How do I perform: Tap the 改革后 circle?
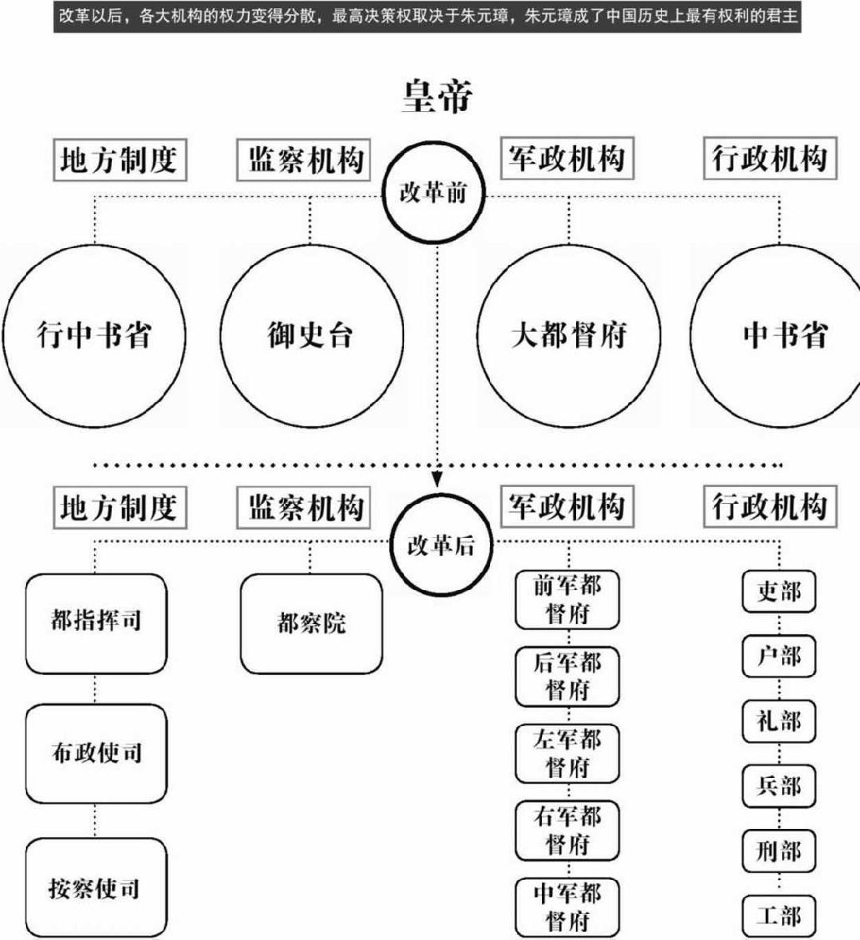click(x=441, y=546)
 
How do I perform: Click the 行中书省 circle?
click(x=94, y=334)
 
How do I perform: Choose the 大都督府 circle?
click(x=568, y=334)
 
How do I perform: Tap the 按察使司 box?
click(x=94, y=888)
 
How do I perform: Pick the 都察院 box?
click(x=311, y=623)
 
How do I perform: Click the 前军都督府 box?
click(x=568, y=599)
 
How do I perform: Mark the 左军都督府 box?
click(x=568, y=753)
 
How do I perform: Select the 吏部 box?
click(x=778, y=592)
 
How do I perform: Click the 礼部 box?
click(x=778, y=720)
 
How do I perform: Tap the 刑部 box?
click(x=778, y=851)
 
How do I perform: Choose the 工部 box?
click(x=778, y=917)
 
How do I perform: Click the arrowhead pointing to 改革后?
click(x=436, y=480)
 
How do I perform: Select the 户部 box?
click(x=778, y=657)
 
